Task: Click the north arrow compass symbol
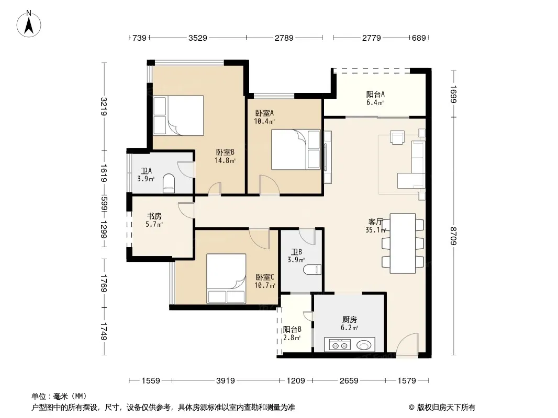[x=29, y=24]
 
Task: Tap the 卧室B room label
[x=225, y=153]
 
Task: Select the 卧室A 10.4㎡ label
[x=264, y=117]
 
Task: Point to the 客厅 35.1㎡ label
[x=376, y=226]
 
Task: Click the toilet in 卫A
[x=169, y=183]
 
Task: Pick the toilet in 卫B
[x=313, y=270]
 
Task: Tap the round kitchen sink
[x=364, y=345]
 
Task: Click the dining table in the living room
[x=403, y=243]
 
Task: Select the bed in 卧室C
[x=226, y=279]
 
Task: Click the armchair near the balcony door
[x=397, y=137]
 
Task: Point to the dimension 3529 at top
[x=197, y=38]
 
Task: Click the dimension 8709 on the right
[x=453, y=236]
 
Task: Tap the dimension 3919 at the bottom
[x=225, y=381]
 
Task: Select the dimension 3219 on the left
[x=104, y=107]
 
